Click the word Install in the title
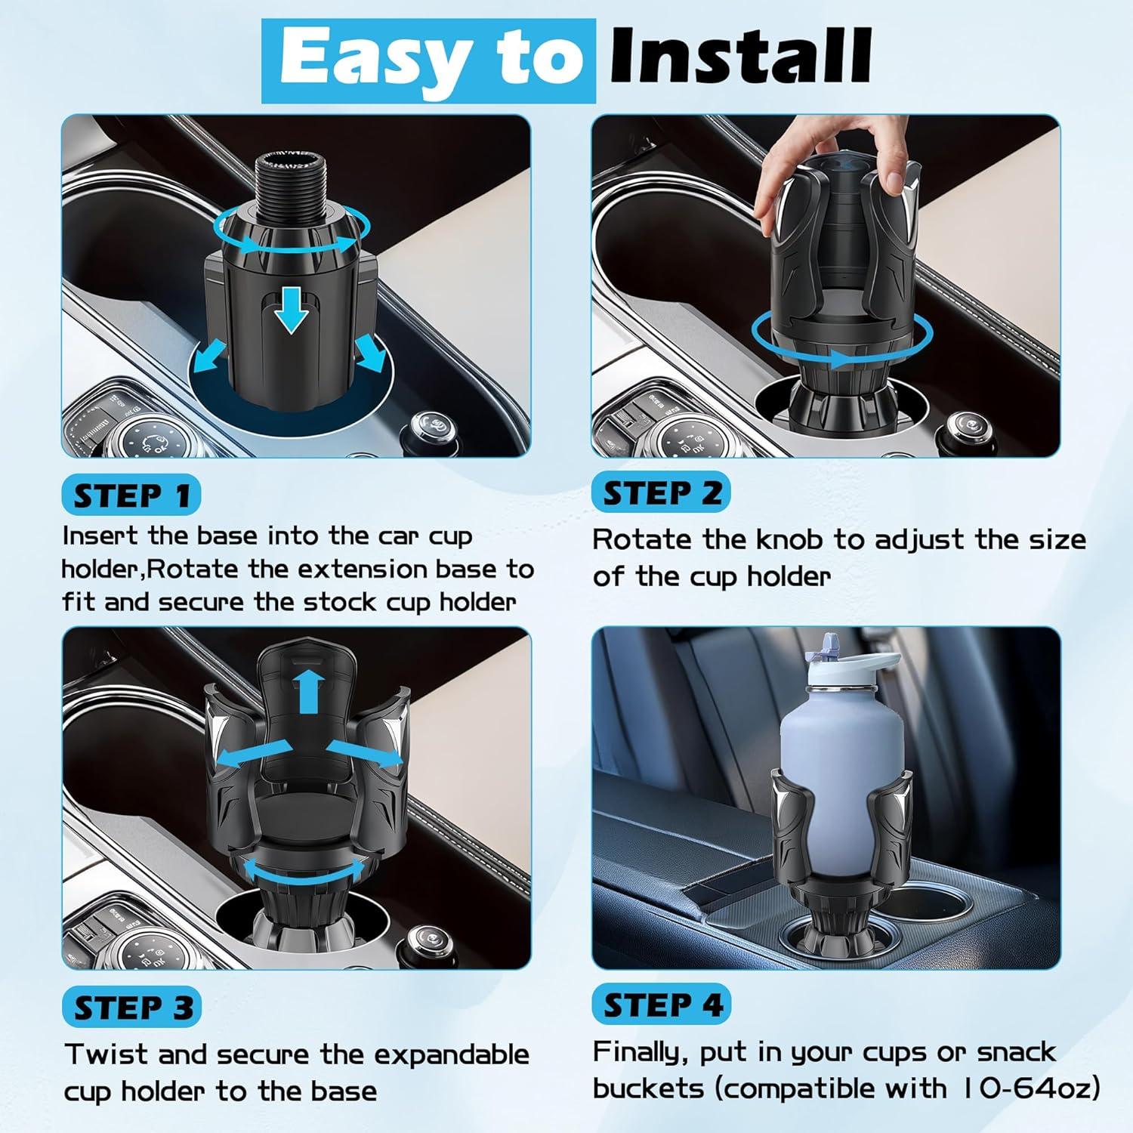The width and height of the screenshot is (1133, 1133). coord(740,57)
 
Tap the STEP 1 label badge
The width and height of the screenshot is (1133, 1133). coord(132,496)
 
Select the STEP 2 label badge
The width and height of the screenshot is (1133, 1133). coord(662,492)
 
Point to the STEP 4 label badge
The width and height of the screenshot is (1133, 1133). coord(662,1005)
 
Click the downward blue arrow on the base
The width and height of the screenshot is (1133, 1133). coord(292,310)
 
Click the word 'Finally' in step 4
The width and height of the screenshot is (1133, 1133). coord(641,1053)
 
